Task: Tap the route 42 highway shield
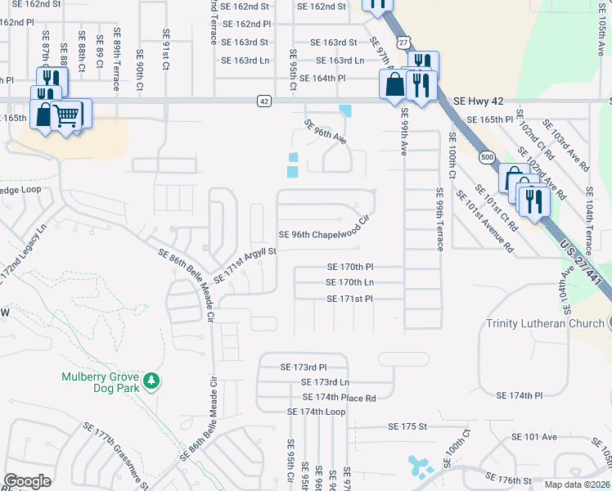click(x=263, y=101)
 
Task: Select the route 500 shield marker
click(x=488, y=155)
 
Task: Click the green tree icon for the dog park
click(x=151, y=381)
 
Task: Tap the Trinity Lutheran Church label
click(x=545, y=323)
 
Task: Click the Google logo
click(x=28, y=481)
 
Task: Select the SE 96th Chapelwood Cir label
click(x=325, y=234)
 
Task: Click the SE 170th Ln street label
click(x=349, y=282)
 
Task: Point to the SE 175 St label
click(x=408, y=426)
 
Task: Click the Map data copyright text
click(x=577, y=484)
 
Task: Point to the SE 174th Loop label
click(x=317, y=411)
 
